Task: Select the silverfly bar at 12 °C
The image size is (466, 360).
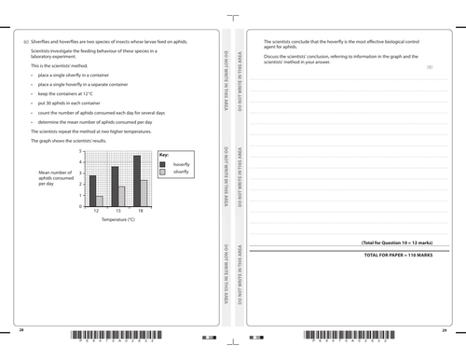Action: click(99, 201)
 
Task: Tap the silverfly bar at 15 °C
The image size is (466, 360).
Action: click(121, 196)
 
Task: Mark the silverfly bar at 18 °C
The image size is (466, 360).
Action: click(144, 193)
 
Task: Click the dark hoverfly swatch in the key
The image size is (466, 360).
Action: click(163, 164)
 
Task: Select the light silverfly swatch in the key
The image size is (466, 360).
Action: click(163, 173)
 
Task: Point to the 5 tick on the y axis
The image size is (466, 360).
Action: click(82, 151)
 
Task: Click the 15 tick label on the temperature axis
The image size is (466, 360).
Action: click(117, 213)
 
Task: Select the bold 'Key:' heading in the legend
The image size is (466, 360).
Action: click(164, 154)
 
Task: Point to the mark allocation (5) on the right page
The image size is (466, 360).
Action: click(429, 67)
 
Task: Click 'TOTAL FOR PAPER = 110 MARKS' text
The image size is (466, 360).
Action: click(399, 255)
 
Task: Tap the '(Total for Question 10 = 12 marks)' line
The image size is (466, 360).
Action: click(396, 242)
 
